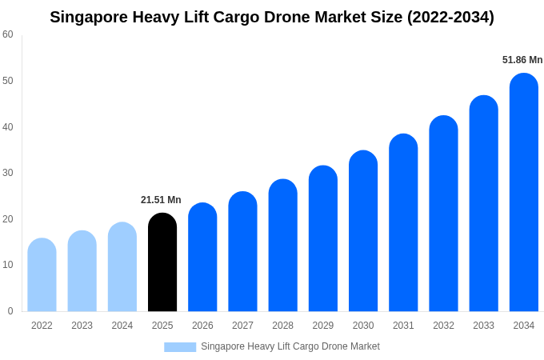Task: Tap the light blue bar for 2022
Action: (x=42, y=275)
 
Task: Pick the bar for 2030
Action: (x=363, y=231)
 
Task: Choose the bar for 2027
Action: (x=242, y=252)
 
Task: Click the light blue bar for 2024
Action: (x=122, y=267)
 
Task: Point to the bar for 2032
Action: (x=443, y=214)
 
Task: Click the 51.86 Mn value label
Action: (x=522, y=60)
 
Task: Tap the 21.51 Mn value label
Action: (x=161, y=200)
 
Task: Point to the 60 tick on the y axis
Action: (x=8, y=34)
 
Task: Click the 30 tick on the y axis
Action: (x=8, y=173)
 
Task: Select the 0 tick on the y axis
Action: (x=10, y=311)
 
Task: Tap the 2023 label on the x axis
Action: (x=82, y=326)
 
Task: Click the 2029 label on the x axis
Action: (x=322, y=326)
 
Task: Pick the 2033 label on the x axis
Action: (x=483, y=326)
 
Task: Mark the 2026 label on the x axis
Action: (x=202, y=326)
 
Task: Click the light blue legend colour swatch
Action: (x=180, y=347)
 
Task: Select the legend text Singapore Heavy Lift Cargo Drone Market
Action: (x=290, y=346)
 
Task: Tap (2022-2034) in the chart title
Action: (x=450, y=17)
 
